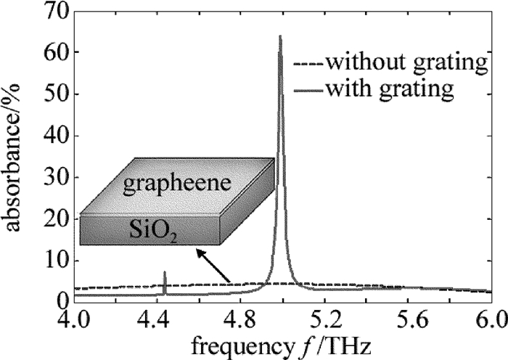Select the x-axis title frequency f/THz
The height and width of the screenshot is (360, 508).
284,345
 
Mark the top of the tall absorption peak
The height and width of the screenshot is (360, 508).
280,36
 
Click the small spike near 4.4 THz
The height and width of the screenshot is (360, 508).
165,274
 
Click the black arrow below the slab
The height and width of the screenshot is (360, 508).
215,266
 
